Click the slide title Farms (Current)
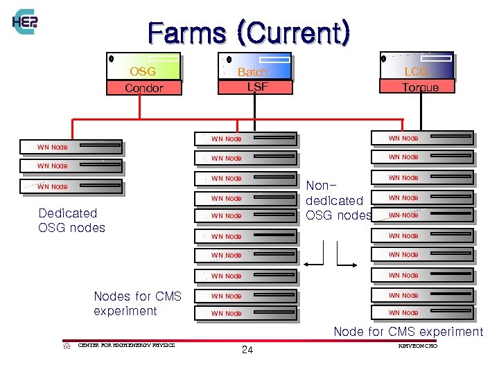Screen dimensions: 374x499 (x=249, y=33)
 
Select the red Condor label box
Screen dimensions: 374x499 (x=143, y=88)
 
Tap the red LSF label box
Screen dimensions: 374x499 (x=255, y=87)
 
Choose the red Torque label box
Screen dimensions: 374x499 (x=418, y=87)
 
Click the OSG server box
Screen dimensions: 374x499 (x=143, y=66)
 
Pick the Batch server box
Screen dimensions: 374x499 (x=254, y=66)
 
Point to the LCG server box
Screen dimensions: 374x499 (x=417, y=64)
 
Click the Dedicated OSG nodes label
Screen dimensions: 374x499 (x=71, y=220)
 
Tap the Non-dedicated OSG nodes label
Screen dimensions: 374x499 (x=338, y=200)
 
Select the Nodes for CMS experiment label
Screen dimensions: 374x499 (x=137, y=303)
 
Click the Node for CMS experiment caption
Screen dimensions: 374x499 (x=408, y=332)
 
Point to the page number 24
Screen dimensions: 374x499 (x=247, y=350)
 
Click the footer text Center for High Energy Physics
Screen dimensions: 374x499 (x=126, y=345)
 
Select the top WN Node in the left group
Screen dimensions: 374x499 (x=79, y=147)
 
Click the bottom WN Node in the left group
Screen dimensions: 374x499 (x=79, y=186)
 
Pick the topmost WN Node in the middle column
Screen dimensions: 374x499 (x=246, y=139)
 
